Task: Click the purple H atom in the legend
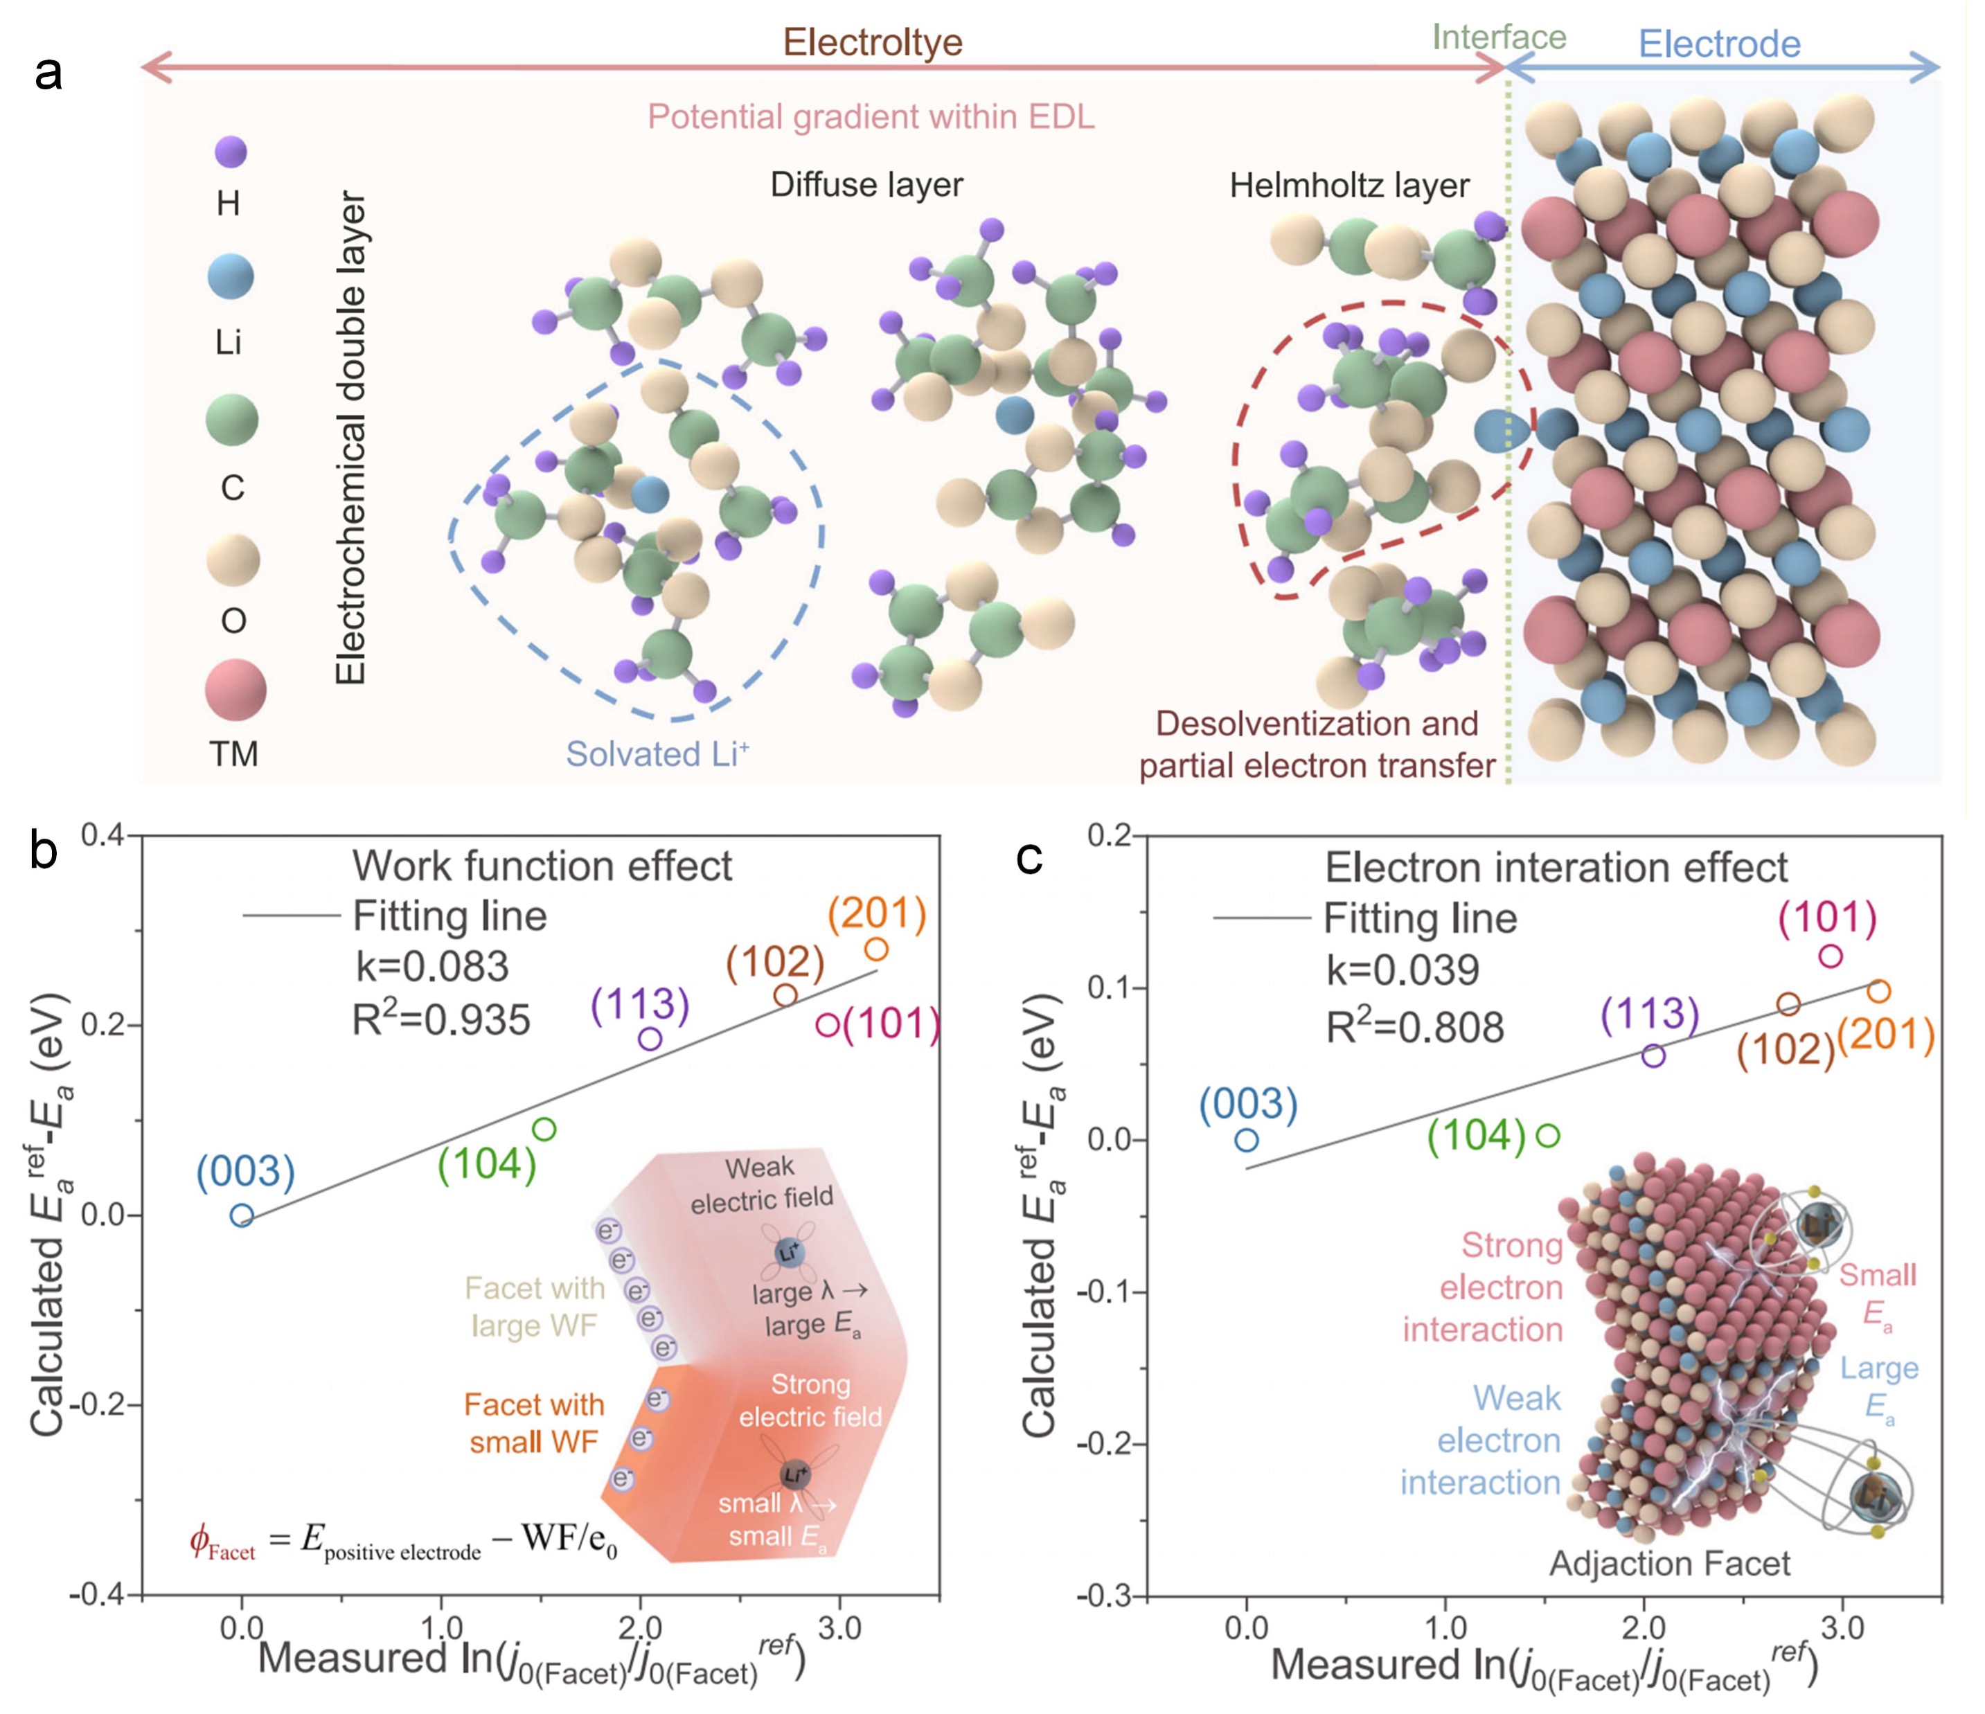coord(231,152)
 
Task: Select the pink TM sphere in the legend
coord(235,690)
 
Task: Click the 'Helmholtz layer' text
coord(1349,185)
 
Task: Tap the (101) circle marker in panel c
coord(1831,955)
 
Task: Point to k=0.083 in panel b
coord(432,966)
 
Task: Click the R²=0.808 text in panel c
coord(1415,1027)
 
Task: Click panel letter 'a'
coord(48,72)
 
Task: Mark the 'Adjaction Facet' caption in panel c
coord(1669,1564)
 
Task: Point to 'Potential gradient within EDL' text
coord(871,117)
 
